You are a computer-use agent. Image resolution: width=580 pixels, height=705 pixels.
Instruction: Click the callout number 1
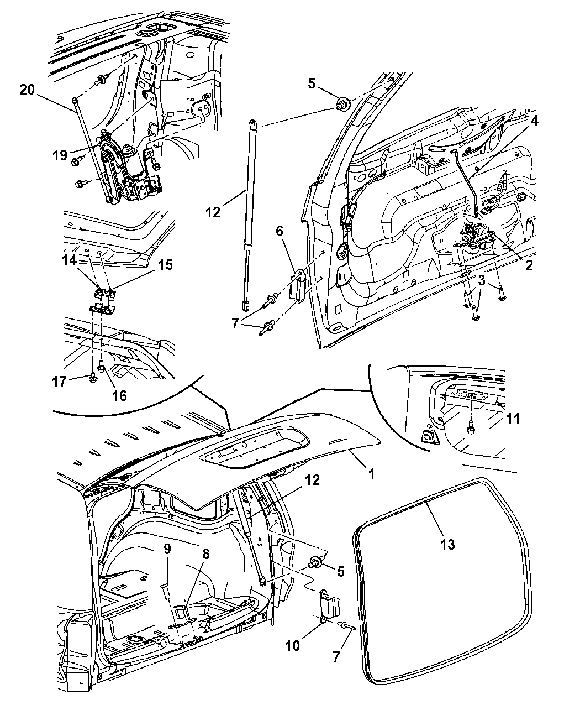click(372, 474)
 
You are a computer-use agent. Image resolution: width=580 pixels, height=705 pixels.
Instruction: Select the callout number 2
click(529, 266)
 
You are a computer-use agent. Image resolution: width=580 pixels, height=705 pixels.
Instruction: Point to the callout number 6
click(280, 231)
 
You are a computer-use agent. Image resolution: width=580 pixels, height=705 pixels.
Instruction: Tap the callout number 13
click(447, 544)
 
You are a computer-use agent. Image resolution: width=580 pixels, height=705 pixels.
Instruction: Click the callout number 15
click(165, 265)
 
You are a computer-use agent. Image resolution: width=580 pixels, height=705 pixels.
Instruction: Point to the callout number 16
click(119, 395)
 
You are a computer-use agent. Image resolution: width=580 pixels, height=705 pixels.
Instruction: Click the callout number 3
click(482, 281)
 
